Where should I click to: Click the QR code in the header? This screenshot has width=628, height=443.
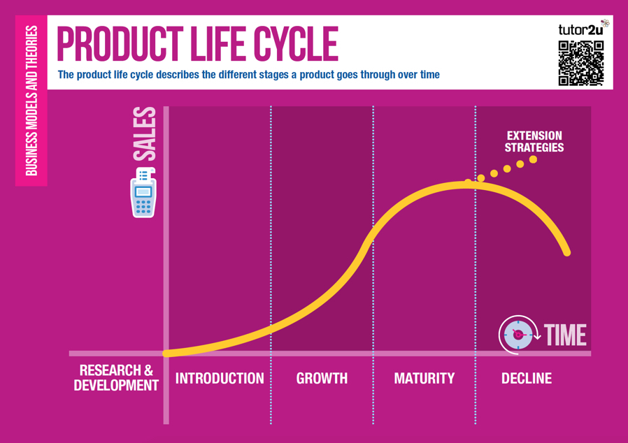tap(580, 63)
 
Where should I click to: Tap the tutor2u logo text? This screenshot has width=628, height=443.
tap(580, 30)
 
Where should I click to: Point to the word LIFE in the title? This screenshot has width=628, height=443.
tap(219, 44)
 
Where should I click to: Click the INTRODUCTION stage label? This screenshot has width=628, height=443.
tap(220, 378)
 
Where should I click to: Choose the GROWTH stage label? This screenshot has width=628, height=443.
tap(322, 378)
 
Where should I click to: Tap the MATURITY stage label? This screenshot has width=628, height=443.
tap(424, 378)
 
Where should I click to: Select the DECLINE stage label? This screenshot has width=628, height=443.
tap(527, 378)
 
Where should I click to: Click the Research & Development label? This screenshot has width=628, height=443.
tap(116, 378)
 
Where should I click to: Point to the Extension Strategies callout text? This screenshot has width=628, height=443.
tap(534, 142)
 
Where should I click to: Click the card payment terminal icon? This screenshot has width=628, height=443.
tap(143, 193)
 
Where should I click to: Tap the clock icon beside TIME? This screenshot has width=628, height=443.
tap(518, 335)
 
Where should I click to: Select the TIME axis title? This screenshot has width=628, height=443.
tap(565, 335)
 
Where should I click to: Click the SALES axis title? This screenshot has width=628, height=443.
tap(144, 134)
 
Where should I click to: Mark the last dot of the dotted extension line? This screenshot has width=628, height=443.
tap(533, 160)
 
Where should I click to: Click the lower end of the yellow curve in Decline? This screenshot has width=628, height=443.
tap(567, 253)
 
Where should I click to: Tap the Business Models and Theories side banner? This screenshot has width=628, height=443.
tap(31, 101)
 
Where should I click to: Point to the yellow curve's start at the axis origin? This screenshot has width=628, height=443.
tap(166, 354)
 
